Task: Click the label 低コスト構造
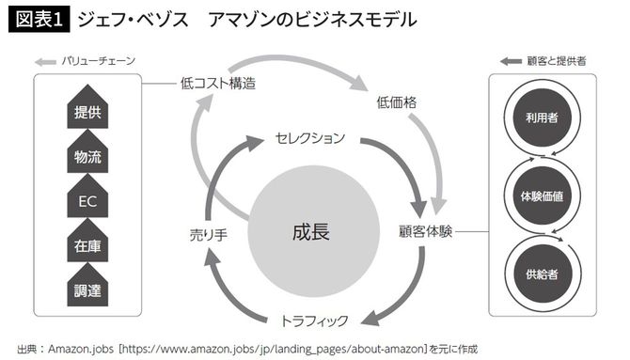pyautogui.click(x=217, y=83)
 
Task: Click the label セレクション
pyautogui.click(x=309, y=138)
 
